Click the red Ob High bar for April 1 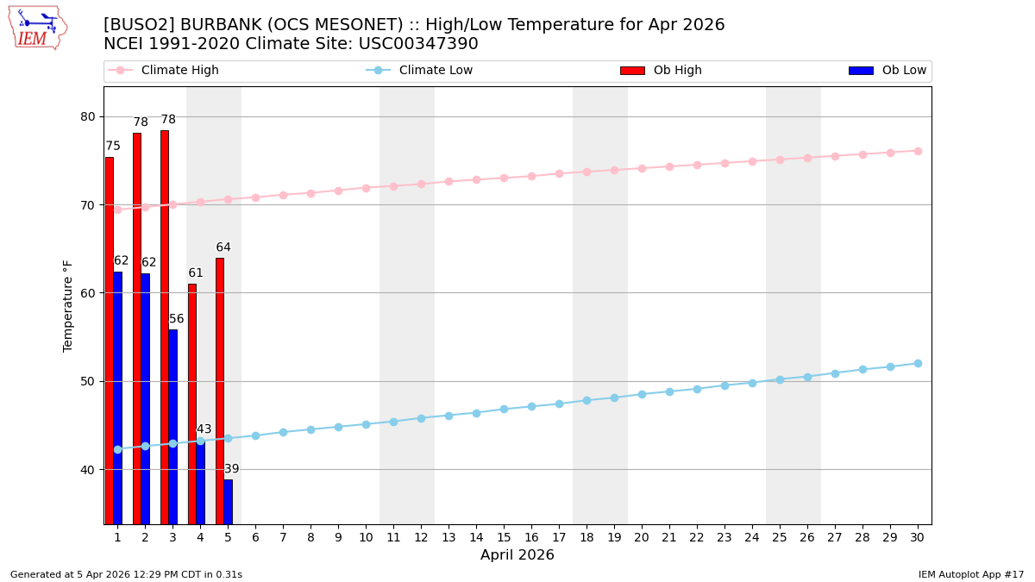pyautogui.click(x=110, y=341)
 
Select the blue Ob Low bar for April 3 pyautogui.click(x=172, y=427)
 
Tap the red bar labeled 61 pyautogui.click(x=192, y=404)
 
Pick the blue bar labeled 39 pyautogui.click(x=228, y=502)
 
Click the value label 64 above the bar pyautogui.click(x=223, y=248)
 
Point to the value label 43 pyautogui.click(x=204, y=429)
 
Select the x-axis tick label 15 pyautogui.click(x=504, y=537)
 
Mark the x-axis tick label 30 pyautogui.click(x=918, y=537)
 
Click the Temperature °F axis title pyautogui.click(x=68, y=305)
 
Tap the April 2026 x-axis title pyautogui.click(x=517, y=555)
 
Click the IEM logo pyautogui.click(x=37, y=28)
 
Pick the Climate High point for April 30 pyautogui.click(x=918, y=151)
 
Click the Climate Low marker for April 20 pyautogui.click(x=642, y=394)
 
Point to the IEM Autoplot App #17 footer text pyautogui.click(x=970, y=574)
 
